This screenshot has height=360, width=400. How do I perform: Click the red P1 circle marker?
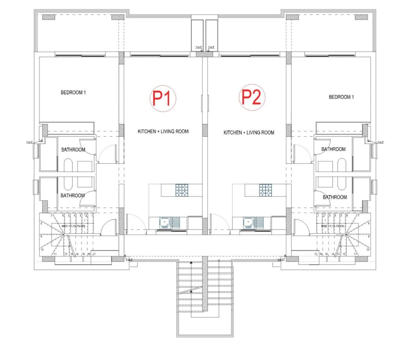coord(163,98)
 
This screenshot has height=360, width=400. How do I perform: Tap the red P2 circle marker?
coord(252,97)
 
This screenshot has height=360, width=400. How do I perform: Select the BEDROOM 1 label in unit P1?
coord(73,93)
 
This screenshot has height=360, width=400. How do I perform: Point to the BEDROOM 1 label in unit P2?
coord(341,97)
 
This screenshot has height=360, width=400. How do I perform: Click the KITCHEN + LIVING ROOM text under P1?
coord(163,131)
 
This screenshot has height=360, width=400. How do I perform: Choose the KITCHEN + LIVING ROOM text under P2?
coord(249,133)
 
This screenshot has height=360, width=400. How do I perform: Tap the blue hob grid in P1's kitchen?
coord(182,190)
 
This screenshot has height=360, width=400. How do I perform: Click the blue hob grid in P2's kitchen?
coord(266,190)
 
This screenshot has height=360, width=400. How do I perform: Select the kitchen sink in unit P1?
coord(164,223)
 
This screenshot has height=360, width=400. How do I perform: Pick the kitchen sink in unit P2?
coord(247,223)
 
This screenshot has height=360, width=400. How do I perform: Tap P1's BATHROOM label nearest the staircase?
coord(72,195)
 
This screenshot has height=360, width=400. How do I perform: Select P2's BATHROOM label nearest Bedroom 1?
coord(333,149)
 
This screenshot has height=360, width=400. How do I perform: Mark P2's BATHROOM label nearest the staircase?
coord(335,197)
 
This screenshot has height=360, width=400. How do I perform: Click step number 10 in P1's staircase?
coord(41,249)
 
